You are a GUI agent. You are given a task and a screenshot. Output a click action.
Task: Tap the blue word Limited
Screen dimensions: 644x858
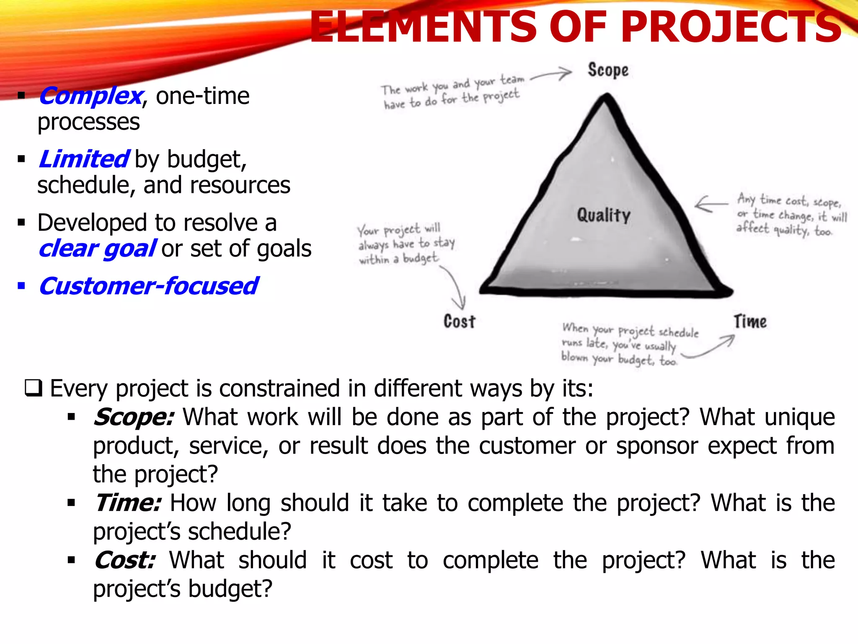tap(84, 159)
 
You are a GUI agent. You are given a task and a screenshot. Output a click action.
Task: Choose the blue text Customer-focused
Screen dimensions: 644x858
tap(149, 286)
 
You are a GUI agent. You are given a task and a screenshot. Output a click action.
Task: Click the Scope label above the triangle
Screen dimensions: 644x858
tap(608, 70)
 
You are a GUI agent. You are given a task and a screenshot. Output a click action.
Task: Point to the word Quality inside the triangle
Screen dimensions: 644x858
tap(603, 216)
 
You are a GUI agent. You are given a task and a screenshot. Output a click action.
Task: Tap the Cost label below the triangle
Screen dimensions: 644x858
tap(460, 322)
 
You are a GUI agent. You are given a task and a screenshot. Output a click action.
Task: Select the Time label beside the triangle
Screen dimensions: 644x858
tap(750, 322)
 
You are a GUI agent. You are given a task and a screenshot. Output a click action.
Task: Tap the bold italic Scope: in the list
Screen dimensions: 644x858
tap(133, 418)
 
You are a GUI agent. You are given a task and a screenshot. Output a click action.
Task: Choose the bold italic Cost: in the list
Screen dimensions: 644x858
tap(125, 561)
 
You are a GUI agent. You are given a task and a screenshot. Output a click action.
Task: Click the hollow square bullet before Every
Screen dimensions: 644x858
tap(34, 388)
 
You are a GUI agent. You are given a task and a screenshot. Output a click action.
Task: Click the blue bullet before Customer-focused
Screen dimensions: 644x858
tap(21, 287)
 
